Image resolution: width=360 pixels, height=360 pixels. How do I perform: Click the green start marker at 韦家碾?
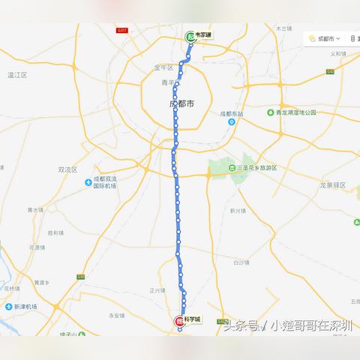click(190, 36)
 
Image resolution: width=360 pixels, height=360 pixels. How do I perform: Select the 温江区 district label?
click(16, 75)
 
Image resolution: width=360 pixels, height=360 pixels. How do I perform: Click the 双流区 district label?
click(68, 169)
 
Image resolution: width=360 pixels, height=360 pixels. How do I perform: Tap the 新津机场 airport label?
click(25, 307)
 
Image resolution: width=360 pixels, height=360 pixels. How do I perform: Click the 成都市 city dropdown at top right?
click(324, 38)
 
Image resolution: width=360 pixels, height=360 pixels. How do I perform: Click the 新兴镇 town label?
click(238, 211)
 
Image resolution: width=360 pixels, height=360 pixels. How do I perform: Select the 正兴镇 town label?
click(157, 289)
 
